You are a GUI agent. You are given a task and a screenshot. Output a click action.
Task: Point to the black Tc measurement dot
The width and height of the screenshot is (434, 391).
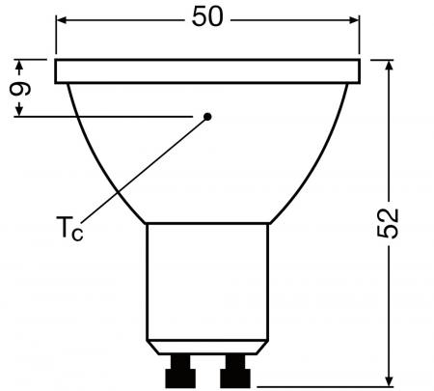tap(207, 116)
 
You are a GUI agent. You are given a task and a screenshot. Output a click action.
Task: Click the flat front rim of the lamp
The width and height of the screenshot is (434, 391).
tap(207, 70)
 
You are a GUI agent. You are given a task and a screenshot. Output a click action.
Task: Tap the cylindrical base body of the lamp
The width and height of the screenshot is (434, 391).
tap(207, 280)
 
